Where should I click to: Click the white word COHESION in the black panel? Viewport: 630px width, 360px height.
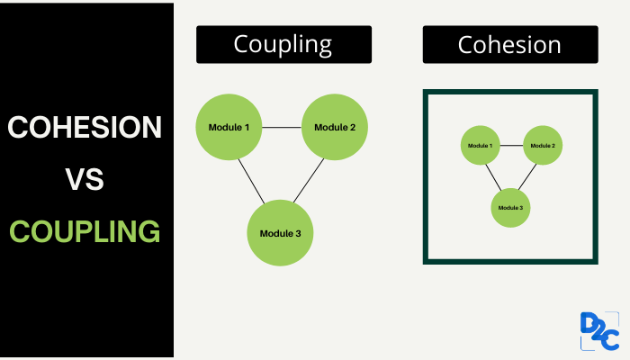coord(85,127)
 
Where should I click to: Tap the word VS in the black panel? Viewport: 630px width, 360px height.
coord(85,179)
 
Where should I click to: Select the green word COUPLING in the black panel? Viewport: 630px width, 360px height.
coord(85,231)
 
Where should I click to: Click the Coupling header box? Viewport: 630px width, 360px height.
coord(283,44)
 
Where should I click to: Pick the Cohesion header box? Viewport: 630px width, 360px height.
coord(510,44)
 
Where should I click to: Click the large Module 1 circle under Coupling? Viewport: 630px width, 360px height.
coord(229,127)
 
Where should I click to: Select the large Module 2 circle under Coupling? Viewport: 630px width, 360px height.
coord(335,127)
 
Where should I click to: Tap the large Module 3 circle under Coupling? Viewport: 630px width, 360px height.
coord(280,233)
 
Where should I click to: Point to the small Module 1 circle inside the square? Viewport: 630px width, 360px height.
coord(480,145)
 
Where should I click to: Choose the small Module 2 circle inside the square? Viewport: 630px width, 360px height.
coord(543,145)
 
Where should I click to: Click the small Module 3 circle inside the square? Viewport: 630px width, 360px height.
coord(510,208)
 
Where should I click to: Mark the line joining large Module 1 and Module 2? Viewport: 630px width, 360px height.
coord(282,128)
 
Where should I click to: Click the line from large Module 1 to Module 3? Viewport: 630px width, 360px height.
coord(251,182)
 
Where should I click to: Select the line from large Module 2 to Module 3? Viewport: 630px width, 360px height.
coord(309,180)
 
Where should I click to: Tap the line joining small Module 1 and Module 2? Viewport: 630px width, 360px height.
coord(511,146)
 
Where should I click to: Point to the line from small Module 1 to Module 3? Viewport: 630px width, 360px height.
coord(493,177)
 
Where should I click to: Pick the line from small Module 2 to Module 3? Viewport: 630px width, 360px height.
coord(527,176)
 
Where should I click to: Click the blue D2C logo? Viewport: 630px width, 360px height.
coord(599,331)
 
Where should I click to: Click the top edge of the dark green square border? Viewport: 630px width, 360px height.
coord(510,92)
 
